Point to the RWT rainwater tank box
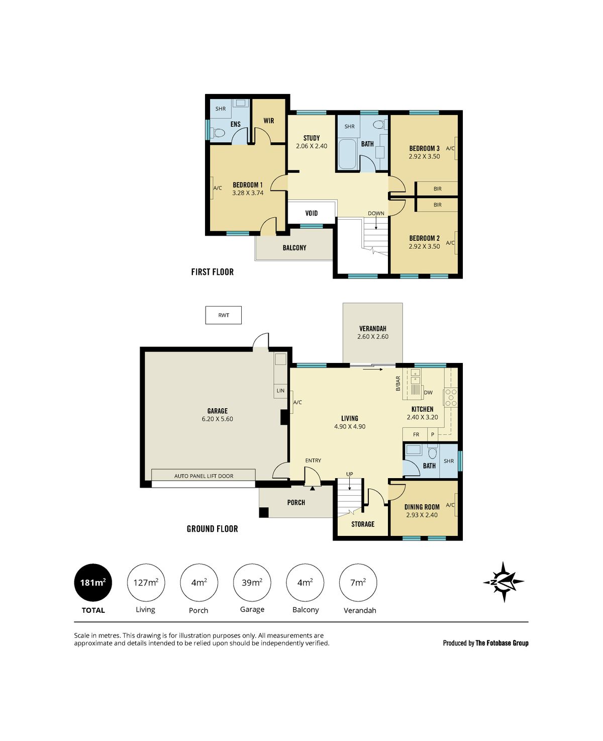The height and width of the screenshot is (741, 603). point(223,315)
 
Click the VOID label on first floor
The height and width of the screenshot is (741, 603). point(311,213)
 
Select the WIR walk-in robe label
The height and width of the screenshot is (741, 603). point(268,121)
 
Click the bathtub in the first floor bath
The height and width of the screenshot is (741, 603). point(347,154)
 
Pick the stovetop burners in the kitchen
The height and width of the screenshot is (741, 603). point(451,397)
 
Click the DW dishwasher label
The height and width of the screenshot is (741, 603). point(428,393)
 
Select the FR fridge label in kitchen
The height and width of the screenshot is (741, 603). point(416,434)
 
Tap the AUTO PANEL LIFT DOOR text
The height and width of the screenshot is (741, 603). point(204,476)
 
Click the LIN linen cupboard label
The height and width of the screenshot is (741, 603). point(280,391)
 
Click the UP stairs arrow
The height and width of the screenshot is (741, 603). point(350,484)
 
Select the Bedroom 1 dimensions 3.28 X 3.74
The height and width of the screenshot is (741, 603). point(248,193)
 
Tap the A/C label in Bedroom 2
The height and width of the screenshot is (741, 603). point(450,243)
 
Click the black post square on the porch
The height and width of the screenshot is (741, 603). point(264,512)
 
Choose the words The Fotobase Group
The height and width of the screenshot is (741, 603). point(502,643)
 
